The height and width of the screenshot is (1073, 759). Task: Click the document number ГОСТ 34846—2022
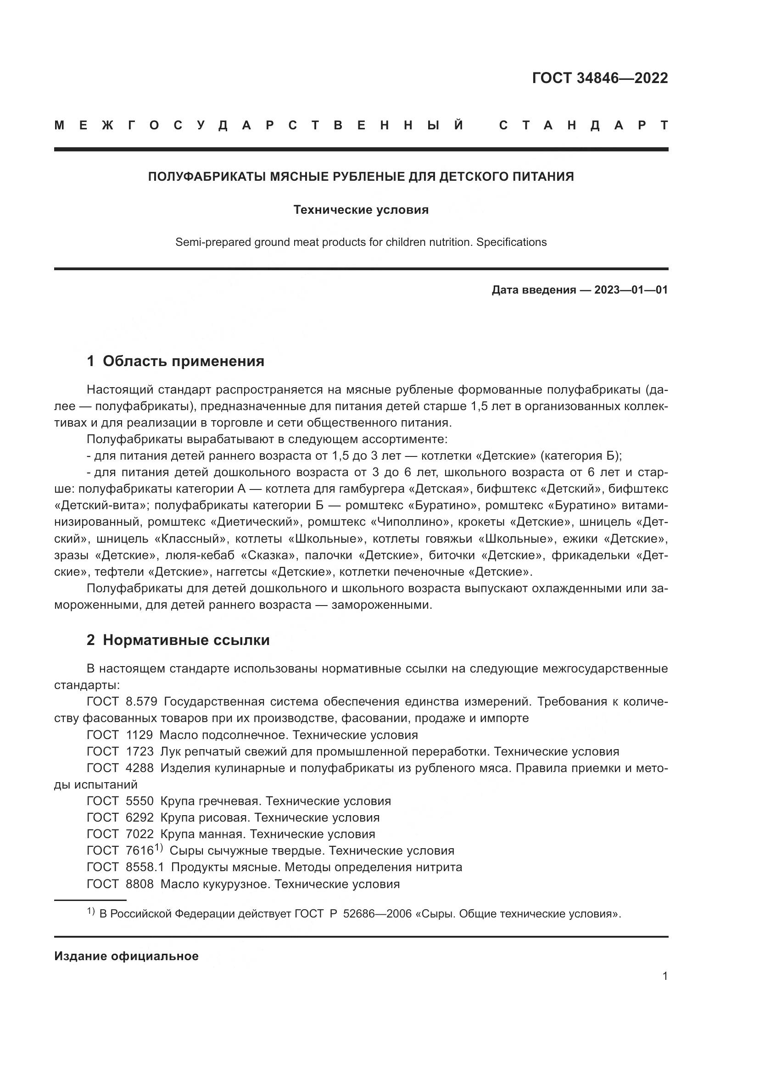[600, 78]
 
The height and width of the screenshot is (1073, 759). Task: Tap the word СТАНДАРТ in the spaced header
[583, 125]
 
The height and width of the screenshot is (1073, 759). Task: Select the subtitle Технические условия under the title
[361, 210]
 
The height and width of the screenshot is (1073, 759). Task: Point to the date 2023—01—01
[631, 290]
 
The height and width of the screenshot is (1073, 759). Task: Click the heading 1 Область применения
[175, 361]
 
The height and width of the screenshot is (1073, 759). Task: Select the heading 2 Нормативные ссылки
[178, 640]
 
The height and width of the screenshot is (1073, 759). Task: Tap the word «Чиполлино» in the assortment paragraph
[400, 522]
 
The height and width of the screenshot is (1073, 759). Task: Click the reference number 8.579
[142, 701]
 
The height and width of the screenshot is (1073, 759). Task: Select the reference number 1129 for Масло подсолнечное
[140, 734]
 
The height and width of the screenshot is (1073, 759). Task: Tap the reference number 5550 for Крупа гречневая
[140, 801]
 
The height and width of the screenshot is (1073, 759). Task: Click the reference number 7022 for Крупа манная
[140, 834]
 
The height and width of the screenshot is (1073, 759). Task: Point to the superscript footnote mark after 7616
[158, 848]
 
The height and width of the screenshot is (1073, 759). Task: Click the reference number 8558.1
[145, 867]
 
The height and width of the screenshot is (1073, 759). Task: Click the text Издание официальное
[126, 956]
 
